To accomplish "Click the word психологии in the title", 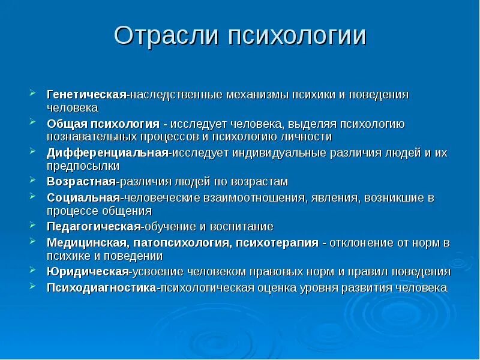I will pos(296,36).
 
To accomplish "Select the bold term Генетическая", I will pos(86,95).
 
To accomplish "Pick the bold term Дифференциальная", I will pos(107,153).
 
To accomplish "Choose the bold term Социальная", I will pos(83,197).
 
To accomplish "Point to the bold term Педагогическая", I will pos(94,226).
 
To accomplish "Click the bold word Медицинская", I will pos(85,242).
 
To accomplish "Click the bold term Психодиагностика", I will pos(101,287).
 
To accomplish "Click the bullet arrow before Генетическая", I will pos(32,94).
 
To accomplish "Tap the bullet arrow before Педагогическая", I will pos(32,225).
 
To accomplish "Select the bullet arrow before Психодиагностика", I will pos(32,286).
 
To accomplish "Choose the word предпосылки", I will pos(83,166).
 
